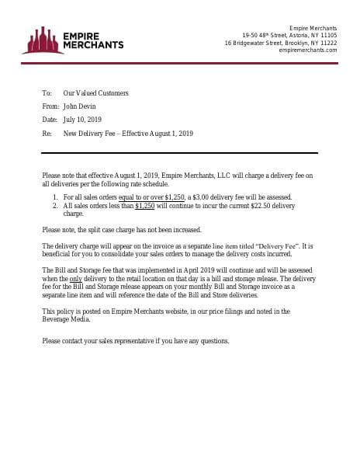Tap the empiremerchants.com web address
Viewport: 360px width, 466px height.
tap(307, 50)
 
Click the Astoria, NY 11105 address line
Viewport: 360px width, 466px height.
tap(289, 35)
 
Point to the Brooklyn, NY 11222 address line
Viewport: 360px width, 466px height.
tap(281, 43)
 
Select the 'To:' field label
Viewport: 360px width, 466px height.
tap(47, 93)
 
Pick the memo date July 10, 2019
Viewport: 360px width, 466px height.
tap(82, 120)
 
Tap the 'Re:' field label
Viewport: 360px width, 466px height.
tap(47, 134)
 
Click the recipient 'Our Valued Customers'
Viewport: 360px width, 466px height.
tap(95, 93)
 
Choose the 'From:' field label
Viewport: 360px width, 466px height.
tap(50, 106)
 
